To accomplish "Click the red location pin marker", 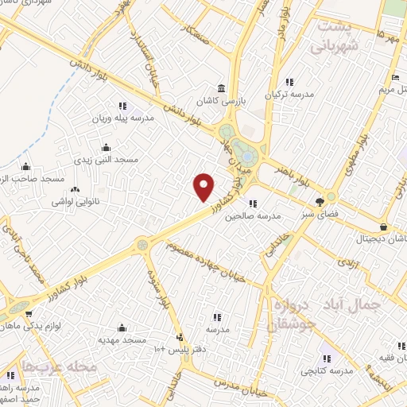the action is pos(205,187).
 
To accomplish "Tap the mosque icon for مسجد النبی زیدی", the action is pos(107,147).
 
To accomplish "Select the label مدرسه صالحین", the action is pos(254,215).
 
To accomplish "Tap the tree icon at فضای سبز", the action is pos(320,201).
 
